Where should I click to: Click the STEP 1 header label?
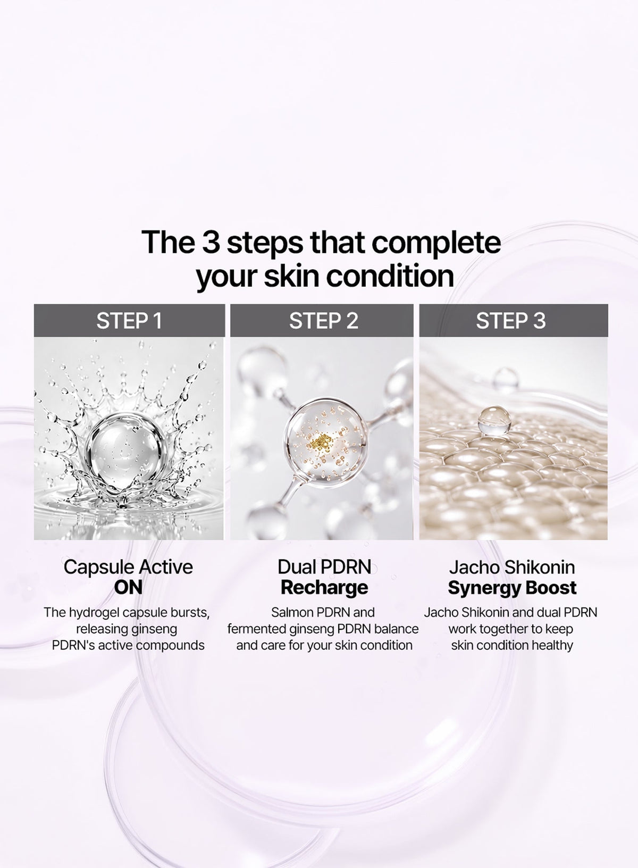tap(129, 321)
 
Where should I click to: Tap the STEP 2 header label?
tap(323, 321)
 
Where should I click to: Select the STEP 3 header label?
tap(510, 321)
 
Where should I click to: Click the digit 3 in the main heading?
tap(211, 242)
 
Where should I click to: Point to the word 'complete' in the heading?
tap(436, 244)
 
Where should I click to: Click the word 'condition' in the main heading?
tap(390, 276)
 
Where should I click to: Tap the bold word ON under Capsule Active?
tap(128, 588)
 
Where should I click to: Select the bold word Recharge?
tap(324, 588)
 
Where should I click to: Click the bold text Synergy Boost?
tap(512, 588)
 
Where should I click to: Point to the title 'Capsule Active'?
tap(128, 567)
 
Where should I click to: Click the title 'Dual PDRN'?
tap(324, 567)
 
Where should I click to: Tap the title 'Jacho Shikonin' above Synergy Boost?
tap(512, 567)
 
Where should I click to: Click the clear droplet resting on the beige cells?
tap(494, 420)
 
